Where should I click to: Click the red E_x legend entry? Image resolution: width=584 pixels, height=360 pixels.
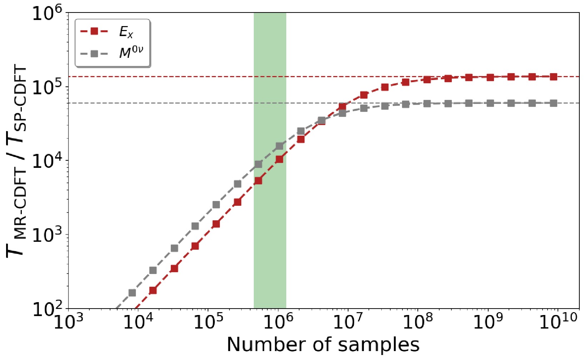coord(107,32)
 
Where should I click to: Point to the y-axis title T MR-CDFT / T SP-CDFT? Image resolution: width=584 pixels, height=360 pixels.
coord(16,161)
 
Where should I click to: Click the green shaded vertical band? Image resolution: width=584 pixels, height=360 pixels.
coord(270,160)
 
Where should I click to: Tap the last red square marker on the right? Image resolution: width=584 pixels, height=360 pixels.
coord(554,76)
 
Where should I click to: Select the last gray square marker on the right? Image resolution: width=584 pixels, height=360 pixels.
coord(554,103)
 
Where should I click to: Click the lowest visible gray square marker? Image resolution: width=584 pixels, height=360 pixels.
coord(132,293)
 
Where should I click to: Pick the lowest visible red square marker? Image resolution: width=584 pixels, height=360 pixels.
coord(153,290)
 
